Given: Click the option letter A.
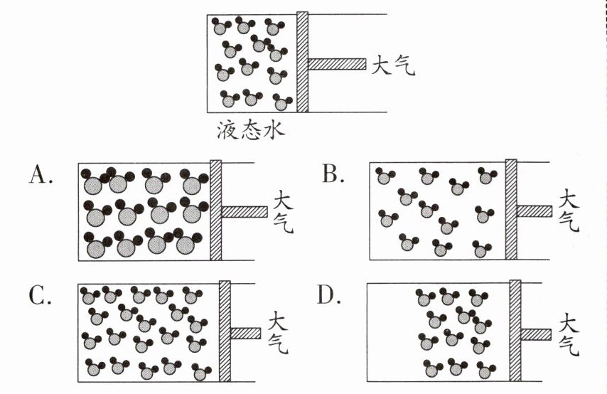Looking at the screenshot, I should tap(40, 173).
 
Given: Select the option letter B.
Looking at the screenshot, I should tap(331, 173).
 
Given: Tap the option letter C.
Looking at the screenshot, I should tap(40, 294).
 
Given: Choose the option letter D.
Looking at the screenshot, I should tap(328, 294).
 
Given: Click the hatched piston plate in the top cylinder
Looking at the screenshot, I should tap(302, 62).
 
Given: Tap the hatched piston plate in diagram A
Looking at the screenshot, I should tap(216, 211).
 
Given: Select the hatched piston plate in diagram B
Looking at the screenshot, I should tap(510, 211).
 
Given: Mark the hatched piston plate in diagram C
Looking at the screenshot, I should tap(225, 332).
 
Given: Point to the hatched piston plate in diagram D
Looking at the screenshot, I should tap(516, 332).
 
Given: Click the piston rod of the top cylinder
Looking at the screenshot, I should tap(337, 64).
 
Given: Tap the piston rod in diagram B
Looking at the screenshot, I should tap(534, 211).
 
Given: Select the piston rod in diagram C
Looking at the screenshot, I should tap(246, 333).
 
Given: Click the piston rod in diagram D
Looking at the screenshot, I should tap(537, 334).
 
